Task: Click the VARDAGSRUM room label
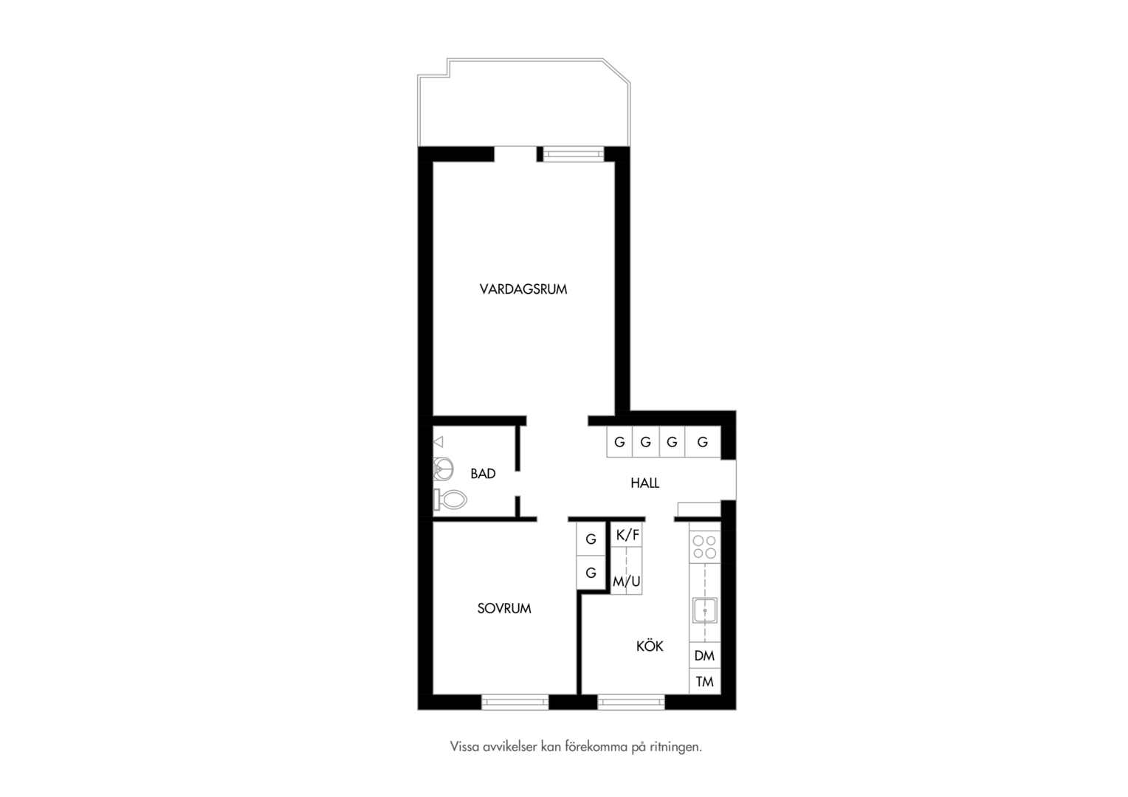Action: [x=523, y=289]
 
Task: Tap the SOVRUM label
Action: [x=504, y=609]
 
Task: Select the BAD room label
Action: [x=483, y=474]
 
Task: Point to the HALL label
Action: [x=645, y=483]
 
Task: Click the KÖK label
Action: [x=650, y=646]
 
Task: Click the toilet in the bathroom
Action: [x=450, y=500]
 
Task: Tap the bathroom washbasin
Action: [x=443, y=469]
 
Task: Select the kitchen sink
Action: [x=704, y=611]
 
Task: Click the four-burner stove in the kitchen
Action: [x=704, y=548]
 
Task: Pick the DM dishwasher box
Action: [x=704, y=655]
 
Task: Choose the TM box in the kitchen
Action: [x=704, y=682]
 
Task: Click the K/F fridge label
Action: [x=627, y=535]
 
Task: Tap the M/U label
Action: [x=627, y=582]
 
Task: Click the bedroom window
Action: [x=515, y=703]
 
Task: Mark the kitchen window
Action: [x=631, y=703]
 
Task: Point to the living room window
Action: [x=573, y=154]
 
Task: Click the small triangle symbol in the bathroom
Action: [x=438, y=442]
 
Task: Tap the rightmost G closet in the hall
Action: [x=703, y=442]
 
